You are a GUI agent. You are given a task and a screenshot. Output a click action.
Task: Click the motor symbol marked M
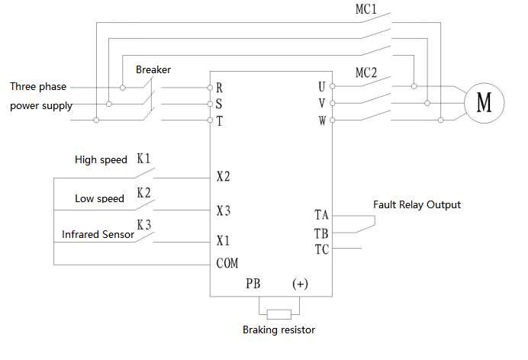pyautogui.click(x=484, y=102)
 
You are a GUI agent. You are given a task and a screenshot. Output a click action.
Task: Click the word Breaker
pyautogui.click(x=153, y=69)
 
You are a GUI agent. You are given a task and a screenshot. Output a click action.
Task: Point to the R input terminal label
pyautogui.click(x=219, y=88)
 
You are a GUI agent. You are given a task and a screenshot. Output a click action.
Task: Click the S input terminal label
pyautogui.click(x=219, y=104)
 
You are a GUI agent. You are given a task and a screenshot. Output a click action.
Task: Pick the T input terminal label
pyautogui.click(x=219, y=121)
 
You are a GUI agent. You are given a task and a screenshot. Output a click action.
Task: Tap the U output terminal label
pyautogui.click(x=322, y=87)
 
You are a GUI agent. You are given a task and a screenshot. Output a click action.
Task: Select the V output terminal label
pyautogui.click(x=322, y=103)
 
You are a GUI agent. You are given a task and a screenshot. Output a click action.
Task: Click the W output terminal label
pyautogui.click(x=322, y=120)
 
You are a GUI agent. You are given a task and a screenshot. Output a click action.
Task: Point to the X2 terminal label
pyautogui.click(x=223, y=177)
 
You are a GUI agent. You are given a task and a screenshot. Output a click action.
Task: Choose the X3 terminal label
pyautogui.click(x=223, y=210)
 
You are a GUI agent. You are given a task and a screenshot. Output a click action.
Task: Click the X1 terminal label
pyautogui.click(x=223, y=241)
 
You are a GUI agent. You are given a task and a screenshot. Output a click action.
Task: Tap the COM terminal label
pyautogui.click(x=227, y=263)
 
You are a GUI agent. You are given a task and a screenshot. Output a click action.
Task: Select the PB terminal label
pyautogui.click(x=253, y=284)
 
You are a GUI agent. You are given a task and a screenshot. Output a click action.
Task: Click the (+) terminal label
pyautogui.click(x=300, y=284)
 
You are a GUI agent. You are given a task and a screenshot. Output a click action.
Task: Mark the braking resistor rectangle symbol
pyautogui.click(x=278, y=313)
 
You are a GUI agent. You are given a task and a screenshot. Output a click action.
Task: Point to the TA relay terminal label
pyautogui.click(x=321, y=215)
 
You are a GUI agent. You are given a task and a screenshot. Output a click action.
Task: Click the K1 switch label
pyautogui.click(x=143, y=159)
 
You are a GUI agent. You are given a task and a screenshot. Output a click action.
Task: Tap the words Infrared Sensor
pyautogui.click(x=98, y=235)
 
